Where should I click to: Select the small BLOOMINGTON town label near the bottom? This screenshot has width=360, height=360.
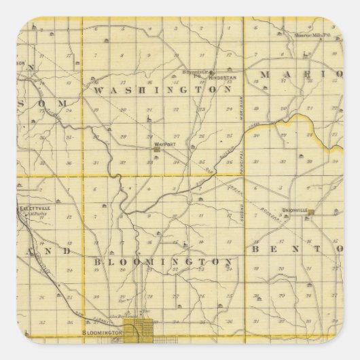(101, 333)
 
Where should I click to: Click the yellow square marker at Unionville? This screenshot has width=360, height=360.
(311, 215)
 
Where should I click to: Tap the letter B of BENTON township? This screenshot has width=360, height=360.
(259, 249)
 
